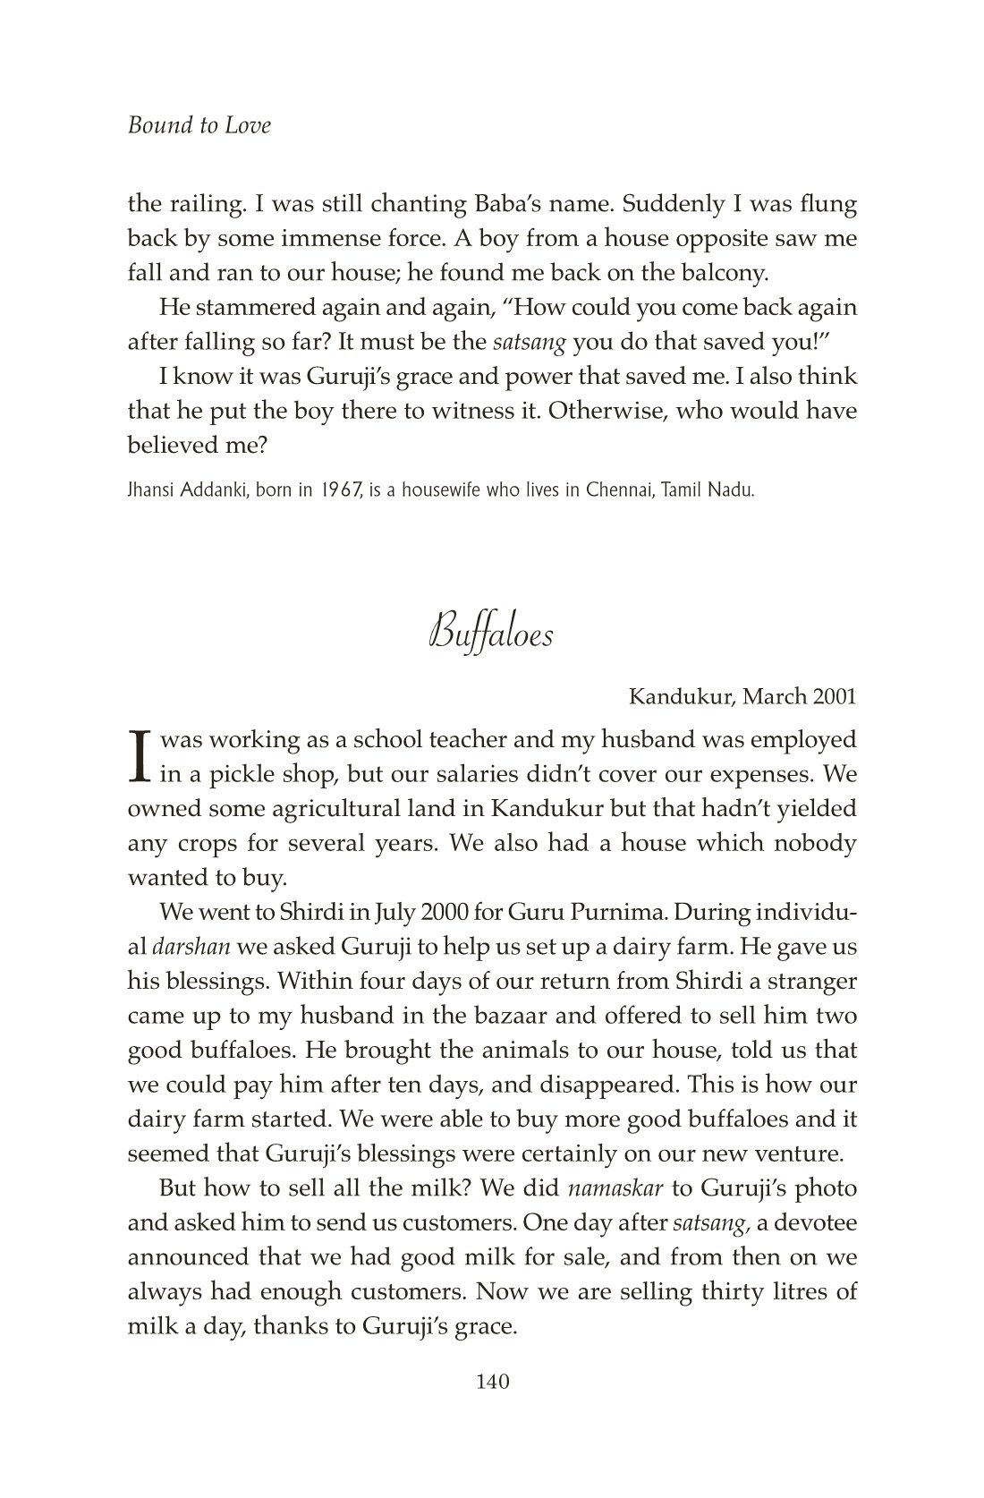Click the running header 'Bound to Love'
pyautogui.click(x=199, y=125)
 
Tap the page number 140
pyautogui.click(x=492, y=1382)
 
